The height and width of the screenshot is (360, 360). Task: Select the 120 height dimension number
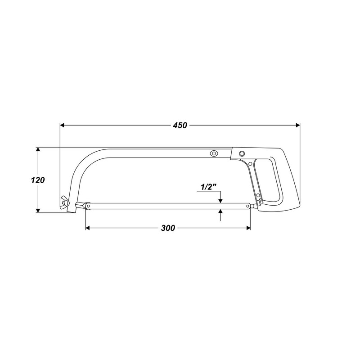(x=38, y=180)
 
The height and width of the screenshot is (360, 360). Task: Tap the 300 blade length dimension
(x=168, y=228)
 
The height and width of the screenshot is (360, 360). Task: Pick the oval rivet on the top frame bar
(x=214, y=153)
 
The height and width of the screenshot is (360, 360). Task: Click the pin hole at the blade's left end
(x=89, y=206)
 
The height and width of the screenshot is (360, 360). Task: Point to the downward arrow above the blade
(x=220, y=201)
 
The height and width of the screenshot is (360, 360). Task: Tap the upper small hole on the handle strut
(x=258, y=195)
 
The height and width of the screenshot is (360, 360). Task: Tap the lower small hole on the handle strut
(x=259, y=201)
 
